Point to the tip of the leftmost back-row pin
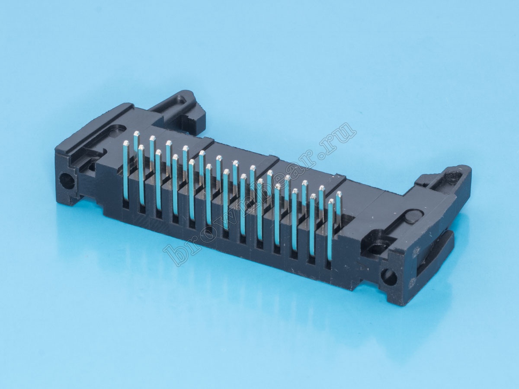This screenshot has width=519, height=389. [x=137, y=134]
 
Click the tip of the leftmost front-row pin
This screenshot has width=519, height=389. [x=126, y=143]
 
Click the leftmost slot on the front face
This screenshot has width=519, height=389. [x=125, y=205]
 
